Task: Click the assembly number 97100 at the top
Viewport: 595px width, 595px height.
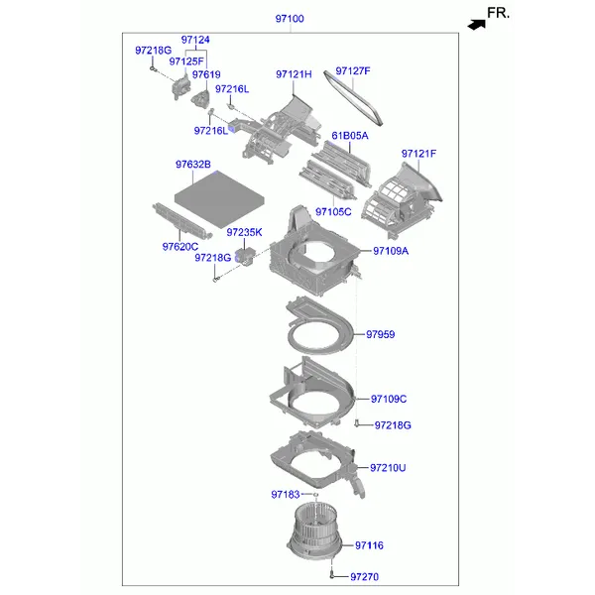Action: [x=290, y=19]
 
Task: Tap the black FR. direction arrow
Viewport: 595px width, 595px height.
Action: [x=477, y=25]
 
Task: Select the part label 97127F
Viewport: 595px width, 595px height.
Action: [x=353, y=71]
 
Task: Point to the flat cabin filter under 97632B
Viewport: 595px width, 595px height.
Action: [x=219, y=198]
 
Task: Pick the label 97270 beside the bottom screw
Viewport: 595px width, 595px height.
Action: [x=364, y=577]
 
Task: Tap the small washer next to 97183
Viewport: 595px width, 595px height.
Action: [x=315, y=495]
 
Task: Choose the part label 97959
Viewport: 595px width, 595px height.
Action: [x=380, y=334]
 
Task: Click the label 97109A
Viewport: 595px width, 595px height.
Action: [x=391, y=251]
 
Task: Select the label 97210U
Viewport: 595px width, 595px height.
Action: [x=388, y=468]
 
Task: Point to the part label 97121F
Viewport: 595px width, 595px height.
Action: [x=418, y=154]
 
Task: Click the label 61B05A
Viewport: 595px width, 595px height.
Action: [x=350, y=136]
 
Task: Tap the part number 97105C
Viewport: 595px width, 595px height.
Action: [x=333, y=212]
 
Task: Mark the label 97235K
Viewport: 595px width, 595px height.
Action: [x=244, y=232]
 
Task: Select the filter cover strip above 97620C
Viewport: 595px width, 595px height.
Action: [x=182, y=221]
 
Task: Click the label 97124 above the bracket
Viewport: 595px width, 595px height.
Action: [x=195, y=40]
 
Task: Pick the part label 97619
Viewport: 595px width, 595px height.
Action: [x=206, y=74]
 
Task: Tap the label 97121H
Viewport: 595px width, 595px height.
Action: [x=294, y=74]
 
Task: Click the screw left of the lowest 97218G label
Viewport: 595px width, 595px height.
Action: [x=356, y=422]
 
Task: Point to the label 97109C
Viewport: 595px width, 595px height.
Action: [x=389, y=399]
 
